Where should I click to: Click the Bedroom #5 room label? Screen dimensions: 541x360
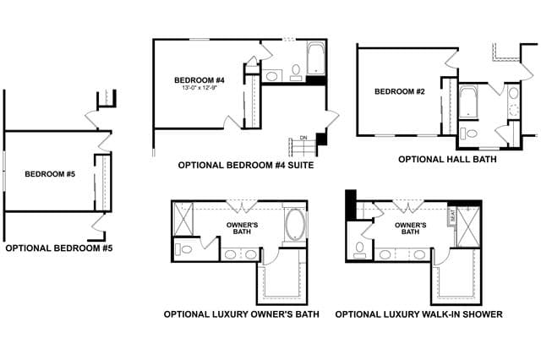[x=50, y=174]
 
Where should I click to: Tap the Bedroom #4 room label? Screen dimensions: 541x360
[x=199, y=80]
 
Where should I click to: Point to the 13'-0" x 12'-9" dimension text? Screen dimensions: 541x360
[x=199, y=88]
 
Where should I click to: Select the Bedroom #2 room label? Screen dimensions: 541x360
[x=400, y=91]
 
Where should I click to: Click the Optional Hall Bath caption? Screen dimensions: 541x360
[x=447, y=160]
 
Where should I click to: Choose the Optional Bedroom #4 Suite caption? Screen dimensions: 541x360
[x=246, y=165]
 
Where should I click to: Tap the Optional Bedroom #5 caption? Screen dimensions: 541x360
[x=59, y=248]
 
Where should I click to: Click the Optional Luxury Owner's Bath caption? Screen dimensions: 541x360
[x=242, y=314]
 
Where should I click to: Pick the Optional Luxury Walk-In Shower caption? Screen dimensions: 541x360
[x=419, y=314]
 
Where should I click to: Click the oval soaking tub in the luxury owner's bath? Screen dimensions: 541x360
[x=295, y=224]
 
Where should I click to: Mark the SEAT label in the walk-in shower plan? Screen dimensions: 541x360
[x=452, y=216]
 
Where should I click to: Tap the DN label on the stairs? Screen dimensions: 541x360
[x=303, y=138]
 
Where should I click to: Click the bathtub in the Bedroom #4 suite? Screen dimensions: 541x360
[x=316, y=58]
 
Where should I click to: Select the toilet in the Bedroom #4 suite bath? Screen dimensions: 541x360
[x=296, y=73]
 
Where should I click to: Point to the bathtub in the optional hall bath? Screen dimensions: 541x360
[x=468, y=102]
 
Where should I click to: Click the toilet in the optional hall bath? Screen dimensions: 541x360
[x=469, y=134]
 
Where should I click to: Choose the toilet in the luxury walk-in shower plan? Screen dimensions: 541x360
[x=360, y=250]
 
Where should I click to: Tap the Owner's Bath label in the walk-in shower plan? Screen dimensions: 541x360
[x=410, y=229]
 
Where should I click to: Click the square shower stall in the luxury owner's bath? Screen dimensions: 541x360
[x=183, y=219]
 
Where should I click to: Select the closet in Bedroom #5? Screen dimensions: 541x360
[x=103, y=183]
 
